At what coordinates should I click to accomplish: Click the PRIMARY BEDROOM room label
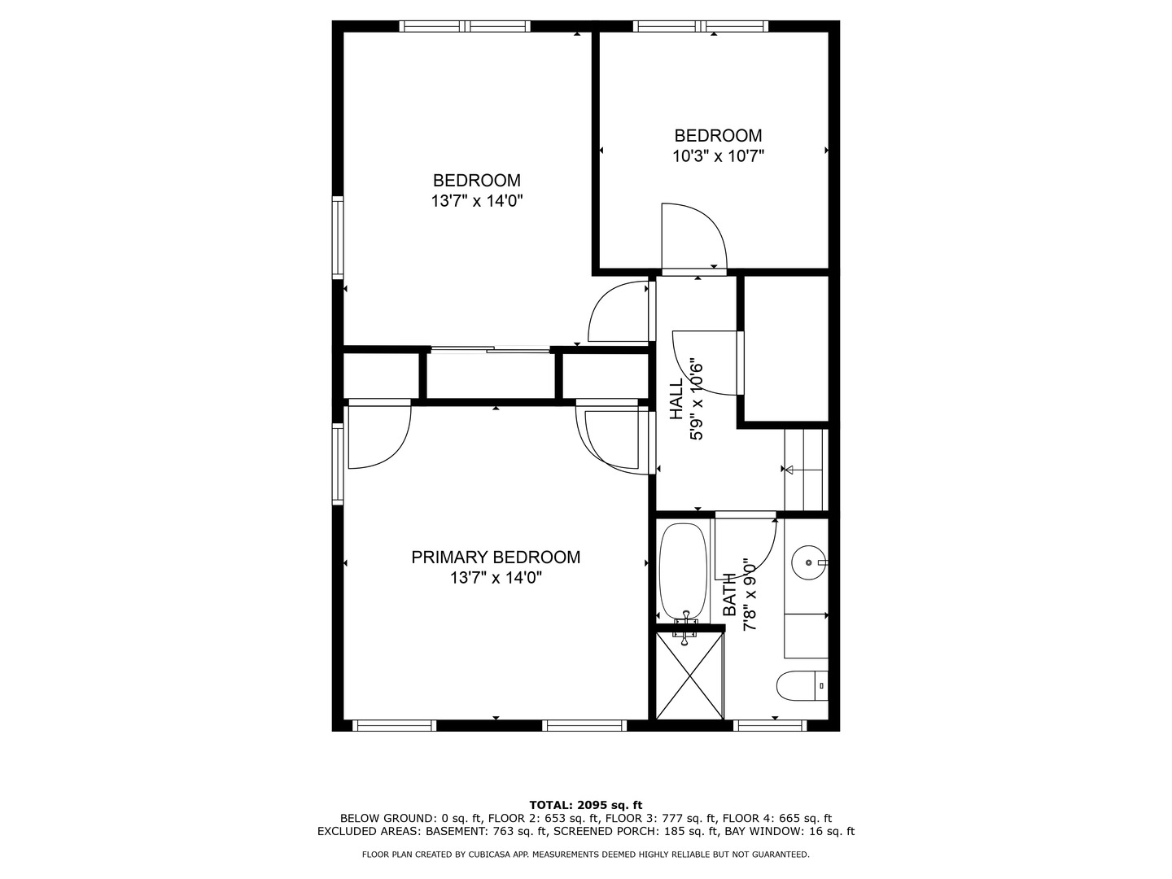click(496, 558)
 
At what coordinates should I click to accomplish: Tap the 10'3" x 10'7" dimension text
click(718, 156)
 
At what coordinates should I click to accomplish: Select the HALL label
click(676, 400)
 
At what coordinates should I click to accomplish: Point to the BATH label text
click(730, 594)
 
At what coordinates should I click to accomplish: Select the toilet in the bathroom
click(802, 685)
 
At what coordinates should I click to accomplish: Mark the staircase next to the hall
click(805, 470)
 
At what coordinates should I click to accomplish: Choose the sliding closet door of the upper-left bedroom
click(490, 350)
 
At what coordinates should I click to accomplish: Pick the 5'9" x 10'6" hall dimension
click(697, 400)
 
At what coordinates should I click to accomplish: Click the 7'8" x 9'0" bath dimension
click(750, 594)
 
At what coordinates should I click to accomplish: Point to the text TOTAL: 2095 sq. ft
click(585, 805)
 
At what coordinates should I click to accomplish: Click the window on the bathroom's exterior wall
click(770, 725)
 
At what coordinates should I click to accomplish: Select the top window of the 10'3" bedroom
click(701, 26)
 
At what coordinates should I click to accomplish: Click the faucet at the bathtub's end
click(686, 625)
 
